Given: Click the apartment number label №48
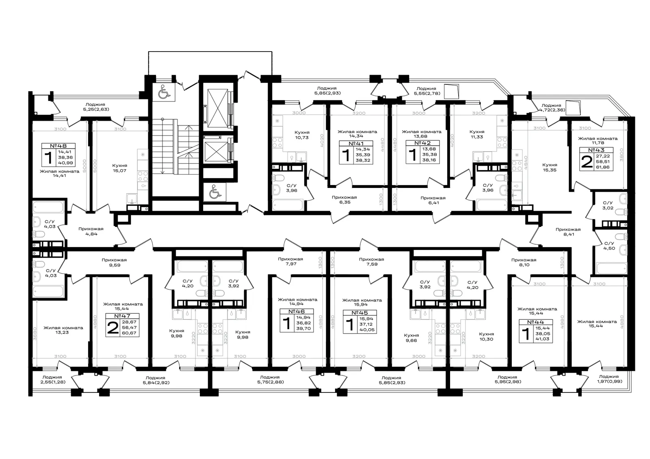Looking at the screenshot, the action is click(x=58, y=146).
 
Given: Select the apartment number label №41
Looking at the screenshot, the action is click(x=356, y=144).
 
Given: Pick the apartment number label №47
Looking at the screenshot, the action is click(x=122, y=316).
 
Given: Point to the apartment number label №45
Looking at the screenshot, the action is click(x=360, y=312).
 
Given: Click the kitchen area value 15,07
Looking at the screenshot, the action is click(x=119, y=171).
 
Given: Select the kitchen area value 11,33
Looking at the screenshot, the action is click(x=477, y=137).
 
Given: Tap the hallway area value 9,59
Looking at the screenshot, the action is click(x=115, y=265).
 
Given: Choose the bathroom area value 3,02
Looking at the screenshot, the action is click(x=608, y=208).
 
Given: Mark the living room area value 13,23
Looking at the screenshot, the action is click(x=62, y=332).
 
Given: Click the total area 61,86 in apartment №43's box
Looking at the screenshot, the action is click(x=602, y=167).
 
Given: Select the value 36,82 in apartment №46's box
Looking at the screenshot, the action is click(x=303, y=323).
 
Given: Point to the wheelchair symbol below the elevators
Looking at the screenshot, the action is click(x=214, y=192).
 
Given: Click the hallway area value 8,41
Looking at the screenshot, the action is click(x=569, y=234).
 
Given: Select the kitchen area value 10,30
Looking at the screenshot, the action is click(x=486, y=339).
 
